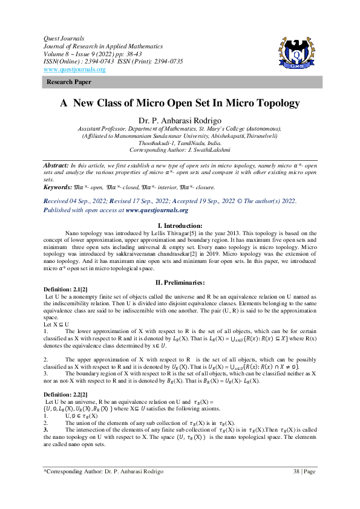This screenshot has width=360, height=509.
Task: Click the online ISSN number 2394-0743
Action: point(96,62)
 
